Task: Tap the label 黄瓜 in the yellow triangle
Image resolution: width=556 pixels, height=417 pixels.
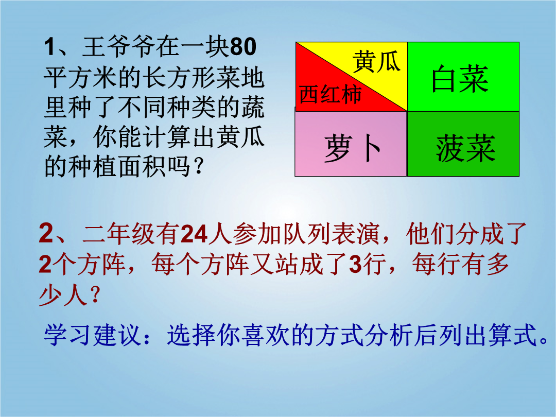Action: (x=376, y=62)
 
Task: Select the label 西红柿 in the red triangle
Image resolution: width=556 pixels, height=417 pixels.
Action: (x=330, y=94)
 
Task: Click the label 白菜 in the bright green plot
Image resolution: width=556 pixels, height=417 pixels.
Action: (x=460, y=79)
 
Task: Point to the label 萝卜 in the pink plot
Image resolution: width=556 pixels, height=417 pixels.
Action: (x=352, y=148)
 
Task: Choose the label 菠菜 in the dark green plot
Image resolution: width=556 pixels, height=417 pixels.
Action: (x=465, y=148)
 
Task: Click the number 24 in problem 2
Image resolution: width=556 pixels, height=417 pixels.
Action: (x=194, y=234)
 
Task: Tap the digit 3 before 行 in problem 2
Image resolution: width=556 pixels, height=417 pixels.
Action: (x=355, y=264)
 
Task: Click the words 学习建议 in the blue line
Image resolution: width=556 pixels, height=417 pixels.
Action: (x=92, y=335)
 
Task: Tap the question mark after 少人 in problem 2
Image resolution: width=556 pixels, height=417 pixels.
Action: (x=95, y=295)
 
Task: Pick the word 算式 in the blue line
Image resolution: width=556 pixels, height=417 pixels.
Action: (x=512, y=335)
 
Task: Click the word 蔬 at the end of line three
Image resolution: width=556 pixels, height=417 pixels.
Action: (x=252, y=107)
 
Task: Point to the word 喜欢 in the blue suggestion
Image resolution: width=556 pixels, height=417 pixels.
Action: (x=265, y=335)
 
